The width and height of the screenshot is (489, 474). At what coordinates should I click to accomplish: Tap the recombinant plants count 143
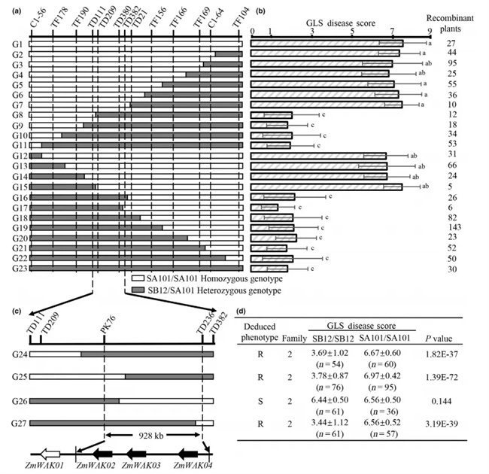coord(452,227)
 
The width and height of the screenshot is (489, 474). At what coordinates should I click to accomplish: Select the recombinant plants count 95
coord(452,64)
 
